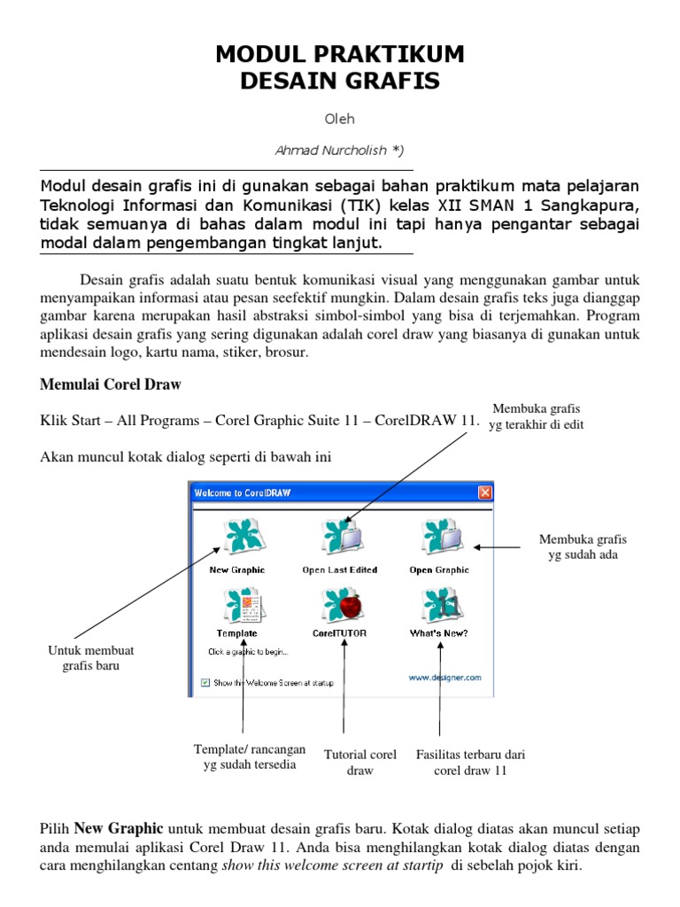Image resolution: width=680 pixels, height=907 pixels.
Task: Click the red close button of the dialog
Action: point(484,492)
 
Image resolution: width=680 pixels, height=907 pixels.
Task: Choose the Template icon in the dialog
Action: point(237,608)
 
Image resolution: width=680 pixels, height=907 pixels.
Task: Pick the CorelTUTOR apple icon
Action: point(339,608)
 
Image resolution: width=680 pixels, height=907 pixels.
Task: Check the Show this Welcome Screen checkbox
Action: point(205,683)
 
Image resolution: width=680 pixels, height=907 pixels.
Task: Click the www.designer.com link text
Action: point(444,678)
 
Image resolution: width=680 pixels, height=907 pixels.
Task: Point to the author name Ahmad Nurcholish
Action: point(339,151)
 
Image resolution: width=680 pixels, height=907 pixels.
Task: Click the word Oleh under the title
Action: point(340,118)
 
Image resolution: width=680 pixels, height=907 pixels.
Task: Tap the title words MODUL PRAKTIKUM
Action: point(340,55)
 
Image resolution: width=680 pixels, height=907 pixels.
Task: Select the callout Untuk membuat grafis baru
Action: point(90,658)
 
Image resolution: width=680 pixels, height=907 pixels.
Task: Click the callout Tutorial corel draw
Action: point(360,763)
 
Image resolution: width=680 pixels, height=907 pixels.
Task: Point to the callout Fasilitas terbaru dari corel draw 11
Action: point(470,763)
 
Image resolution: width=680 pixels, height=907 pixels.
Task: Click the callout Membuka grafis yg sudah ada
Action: point(582,547)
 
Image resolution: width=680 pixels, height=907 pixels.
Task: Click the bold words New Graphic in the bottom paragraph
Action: point(119,829)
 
